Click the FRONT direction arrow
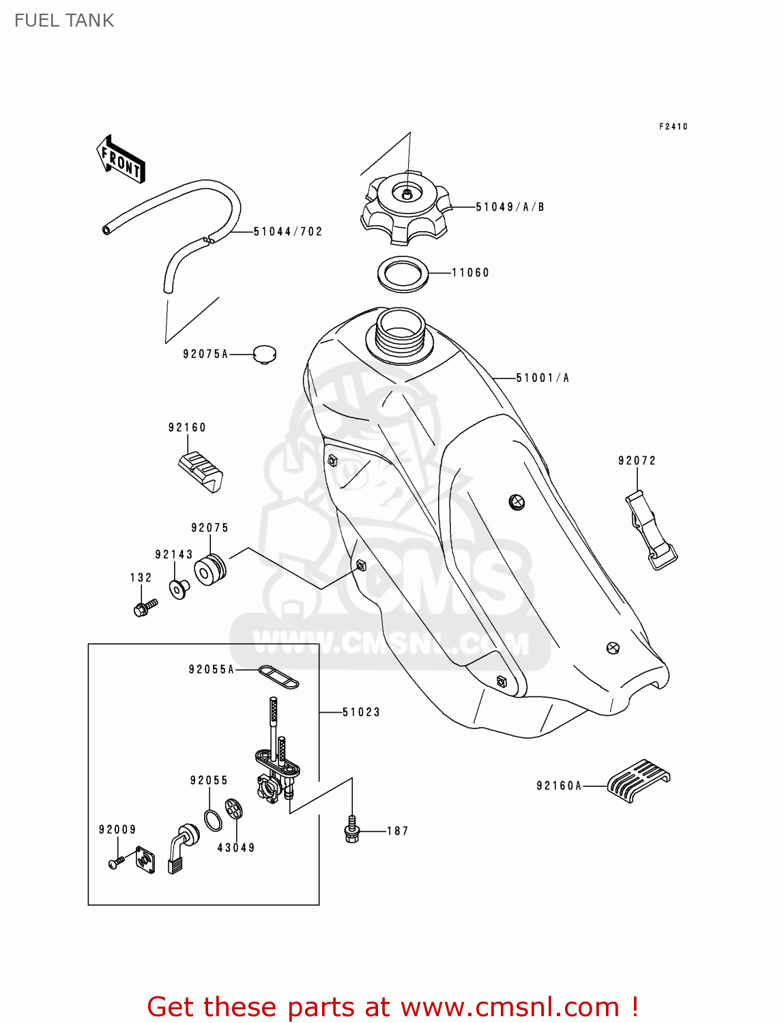121,159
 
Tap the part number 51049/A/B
510,207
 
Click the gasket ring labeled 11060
403,273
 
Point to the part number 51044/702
287,232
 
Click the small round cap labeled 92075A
264,354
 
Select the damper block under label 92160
201,471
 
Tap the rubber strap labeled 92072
650,530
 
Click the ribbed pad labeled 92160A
638,780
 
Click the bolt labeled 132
145,607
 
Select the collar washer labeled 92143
179,589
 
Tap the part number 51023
361,713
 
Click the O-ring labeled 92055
213,820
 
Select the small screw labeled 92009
116,863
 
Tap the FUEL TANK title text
64,20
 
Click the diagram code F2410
673,127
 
